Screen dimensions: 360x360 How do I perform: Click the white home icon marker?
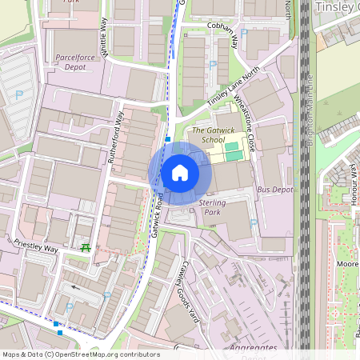(180, 173)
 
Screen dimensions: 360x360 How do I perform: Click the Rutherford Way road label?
(117, 137)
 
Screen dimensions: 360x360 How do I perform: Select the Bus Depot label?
(275, 190)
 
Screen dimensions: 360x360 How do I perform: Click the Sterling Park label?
(211, 209)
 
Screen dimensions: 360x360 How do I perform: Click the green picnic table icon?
(85, 249)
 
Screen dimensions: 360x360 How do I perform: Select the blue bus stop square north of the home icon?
(168, 139)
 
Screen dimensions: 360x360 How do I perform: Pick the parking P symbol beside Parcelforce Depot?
(18, 95)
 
